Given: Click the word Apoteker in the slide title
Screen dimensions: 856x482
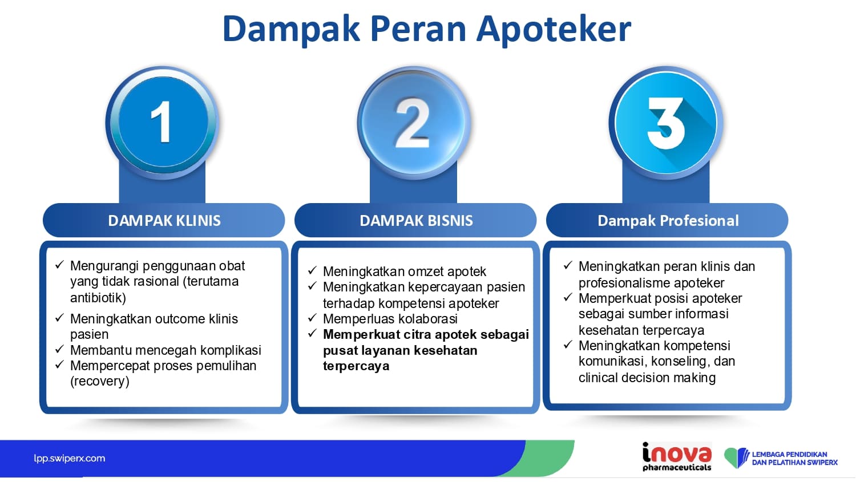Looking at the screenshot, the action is click(x=554, y=30).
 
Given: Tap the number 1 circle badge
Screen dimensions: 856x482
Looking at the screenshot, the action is click(x=163, y=123).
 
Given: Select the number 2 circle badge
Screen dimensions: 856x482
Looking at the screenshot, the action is click(x=414, y=123).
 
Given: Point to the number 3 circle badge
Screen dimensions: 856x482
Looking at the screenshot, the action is click(x=666, y=123).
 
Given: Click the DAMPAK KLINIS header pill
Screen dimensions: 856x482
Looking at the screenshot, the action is click(x=164, y=220).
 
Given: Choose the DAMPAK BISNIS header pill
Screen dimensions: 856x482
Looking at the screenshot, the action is click(x=415, y=220).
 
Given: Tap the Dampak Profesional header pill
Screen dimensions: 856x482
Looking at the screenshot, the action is click(x=667, y=220).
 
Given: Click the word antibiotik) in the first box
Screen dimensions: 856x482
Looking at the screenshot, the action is click(x=98, y=298).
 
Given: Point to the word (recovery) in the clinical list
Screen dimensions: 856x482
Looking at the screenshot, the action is click(x=100, y=381).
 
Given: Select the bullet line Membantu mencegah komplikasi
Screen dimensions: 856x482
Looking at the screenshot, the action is click(x=165, y=350).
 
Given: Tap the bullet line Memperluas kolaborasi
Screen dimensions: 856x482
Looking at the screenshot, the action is click(x=390, y=318).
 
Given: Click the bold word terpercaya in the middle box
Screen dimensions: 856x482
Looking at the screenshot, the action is click(x=356, y=366).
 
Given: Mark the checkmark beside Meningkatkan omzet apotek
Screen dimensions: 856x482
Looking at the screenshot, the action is click(x=312, y=270).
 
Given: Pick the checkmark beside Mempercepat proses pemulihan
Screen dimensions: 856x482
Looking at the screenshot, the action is click(x=59, y=364).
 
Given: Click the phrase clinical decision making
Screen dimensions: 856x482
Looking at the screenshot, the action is click(x=647, y=378).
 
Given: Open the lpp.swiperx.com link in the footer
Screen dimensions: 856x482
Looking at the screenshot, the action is click(x=69, y=458).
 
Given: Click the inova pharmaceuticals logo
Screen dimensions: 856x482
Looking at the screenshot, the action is click(x=677, y=456).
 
